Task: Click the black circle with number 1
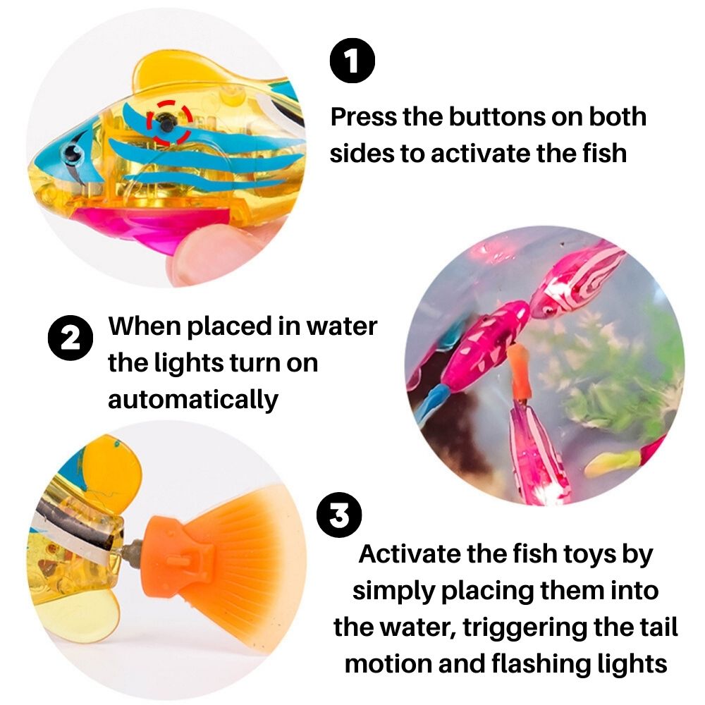tap(352, 61)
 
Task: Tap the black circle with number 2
tap(70, 339)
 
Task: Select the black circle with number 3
tap(339, 515)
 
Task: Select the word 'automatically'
tap(192, 400)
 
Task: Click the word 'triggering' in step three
tap(544, 627)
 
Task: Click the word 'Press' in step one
tap(364, 116)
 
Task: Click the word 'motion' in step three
tap(391, 663)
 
